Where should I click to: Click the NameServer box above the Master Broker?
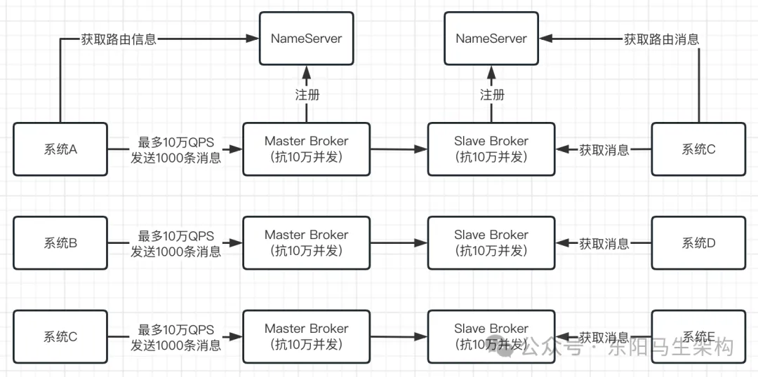[x=306, y=39]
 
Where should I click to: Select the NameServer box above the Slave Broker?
[x=491, y=39]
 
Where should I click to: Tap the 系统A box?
[x=60, y=149]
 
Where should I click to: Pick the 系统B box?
[x=60, y=243]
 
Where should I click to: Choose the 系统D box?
[x=698, y=243]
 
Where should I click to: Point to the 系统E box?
[x=698, y=337]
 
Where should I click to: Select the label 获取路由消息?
[x=661, y=39]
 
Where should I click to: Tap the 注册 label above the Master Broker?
[x=306, y=95]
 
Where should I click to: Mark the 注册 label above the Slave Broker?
[x=491, y=95]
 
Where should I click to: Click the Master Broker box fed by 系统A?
[x=306, y=149]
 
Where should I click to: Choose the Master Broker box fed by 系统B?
[x=306, y=243]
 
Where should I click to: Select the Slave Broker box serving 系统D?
[x=491, y=243]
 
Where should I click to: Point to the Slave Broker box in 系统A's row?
[x=491, y=149]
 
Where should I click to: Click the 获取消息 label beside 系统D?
[x=604, y=243]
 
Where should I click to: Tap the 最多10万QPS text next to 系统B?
[x=175, y=235]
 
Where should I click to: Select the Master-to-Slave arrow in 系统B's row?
[x=399, y=243]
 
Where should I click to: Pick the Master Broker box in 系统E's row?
[x=306, y=337]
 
